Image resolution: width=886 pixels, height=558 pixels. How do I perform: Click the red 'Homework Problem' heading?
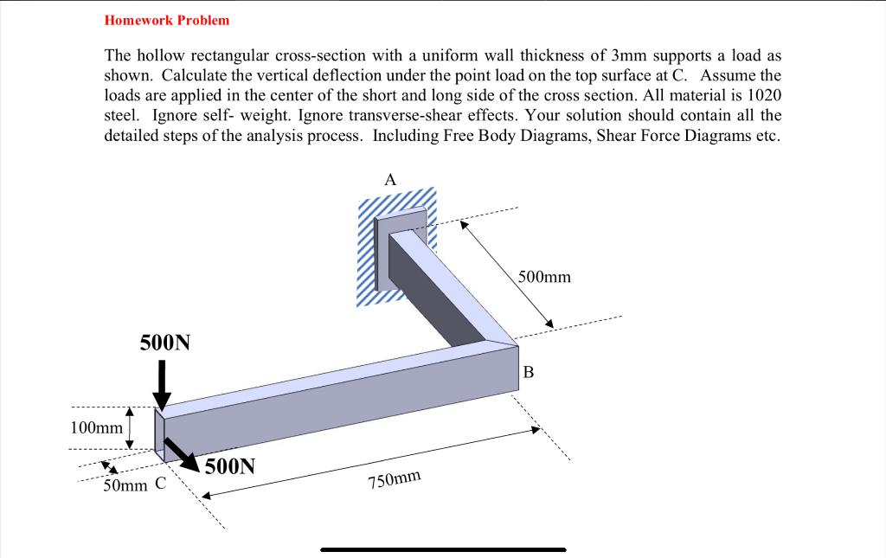(x=167, y=19)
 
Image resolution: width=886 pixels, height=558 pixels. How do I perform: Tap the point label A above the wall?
(x=390, y=180)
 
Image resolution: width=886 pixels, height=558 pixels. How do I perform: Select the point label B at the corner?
(x=530, y=373)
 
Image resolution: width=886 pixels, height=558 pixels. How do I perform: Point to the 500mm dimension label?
(x=544, y=278)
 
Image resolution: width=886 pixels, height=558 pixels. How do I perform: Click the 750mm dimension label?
(x=395, y=481)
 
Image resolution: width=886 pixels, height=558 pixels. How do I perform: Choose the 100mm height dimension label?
(x=95, y=427)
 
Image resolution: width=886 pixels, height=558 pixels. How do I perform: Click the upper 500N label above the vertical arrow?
(x=164, y=343)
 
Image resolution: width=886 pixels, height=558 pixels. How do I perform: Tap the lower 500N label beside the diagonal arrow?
(x=230, y=467)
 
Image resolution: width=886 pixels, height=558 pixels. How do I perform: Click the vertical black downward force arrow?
(x=162, y=385)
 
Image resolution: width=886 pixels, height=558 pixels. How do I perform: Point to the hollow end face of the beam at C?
(x=159, y=433)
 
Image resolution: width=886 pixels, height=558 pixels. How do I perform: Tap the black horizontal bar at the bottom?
(x=443, y=549)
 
